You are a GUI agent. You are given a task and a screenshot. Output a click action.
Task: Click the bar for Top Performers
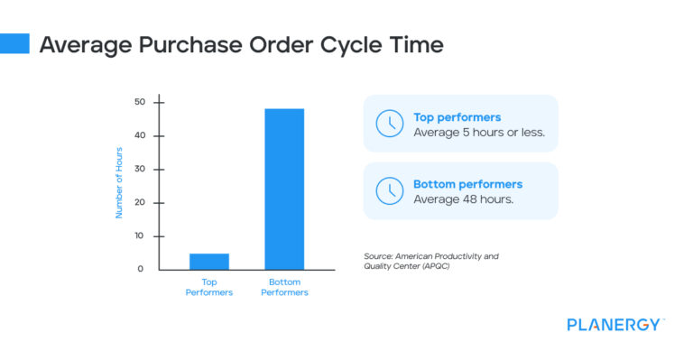coord(208,261)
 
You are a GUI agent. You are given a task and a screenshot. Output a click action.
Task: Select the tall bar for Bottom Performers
coord(283,189)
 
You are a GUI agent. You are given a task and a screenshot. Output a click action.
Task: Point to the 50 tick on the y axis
coord(139,102)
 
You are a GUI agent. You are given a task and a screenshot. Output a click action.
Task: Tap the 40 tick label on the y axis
coord(139,135)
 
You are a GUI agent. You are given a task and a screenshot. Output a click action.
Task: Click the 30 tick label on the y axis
coord(139,169)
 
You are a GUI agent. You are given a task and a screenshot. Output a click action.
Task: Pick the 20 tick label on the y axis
coord(139,202)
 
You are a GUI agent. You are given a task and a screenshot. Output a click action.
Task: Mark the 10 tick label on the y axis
coord(139,235)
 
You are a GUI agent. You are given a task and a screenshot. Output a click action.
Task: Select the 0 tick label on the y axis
coord(141,269)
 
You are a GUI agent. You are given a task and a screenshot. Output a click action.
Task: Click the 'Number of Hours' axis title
coord(118,183)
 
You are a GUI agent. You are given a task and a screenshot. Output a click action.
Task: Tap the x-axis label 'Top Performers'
coord(208,287)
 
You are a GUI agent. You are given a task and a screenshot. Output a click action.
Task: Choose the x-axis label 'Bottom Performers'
coord(283,287)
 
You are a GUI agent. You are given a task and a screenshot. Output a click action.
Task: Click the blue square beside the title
coord(14,43)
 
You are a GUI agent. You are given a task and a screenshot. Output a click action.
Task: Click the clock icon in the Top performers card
coord(389,124)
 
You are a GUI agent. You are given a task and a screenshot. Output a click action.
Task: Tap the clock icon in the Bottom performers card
coord(389,190)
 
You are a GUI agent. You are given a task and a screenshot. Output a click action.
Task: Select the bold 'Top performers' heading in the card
coord(457,116)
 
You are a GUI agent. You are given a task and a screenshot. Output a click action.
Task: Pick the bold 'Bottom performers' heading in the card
coord(467,184)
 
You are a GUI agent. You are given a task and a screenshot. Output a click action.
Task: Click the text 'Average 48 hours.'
coord(463,199)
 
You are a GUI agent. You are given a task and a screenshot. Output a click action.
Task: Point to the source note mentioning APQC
coord(430,261)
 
